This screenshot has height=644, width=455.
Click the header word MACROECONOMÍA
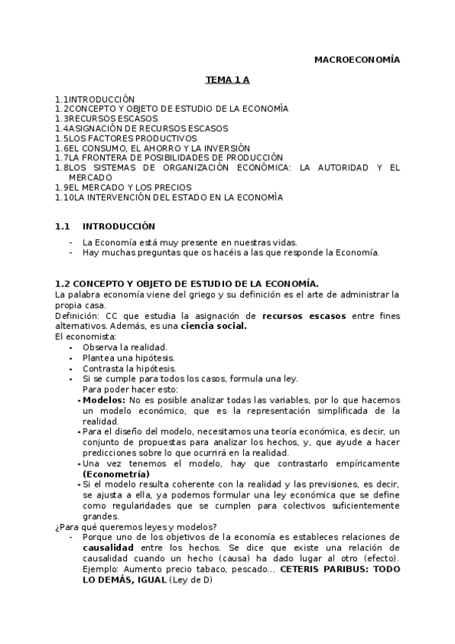[x=357, y=59]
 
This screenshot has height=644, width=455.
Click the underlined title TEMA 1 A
[x=226, y=79]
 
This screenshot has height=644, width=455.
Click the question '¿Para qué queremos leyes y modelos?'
[x=136, y=527]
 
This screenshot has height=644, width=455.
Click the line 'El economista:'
[x=86, y=336]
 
